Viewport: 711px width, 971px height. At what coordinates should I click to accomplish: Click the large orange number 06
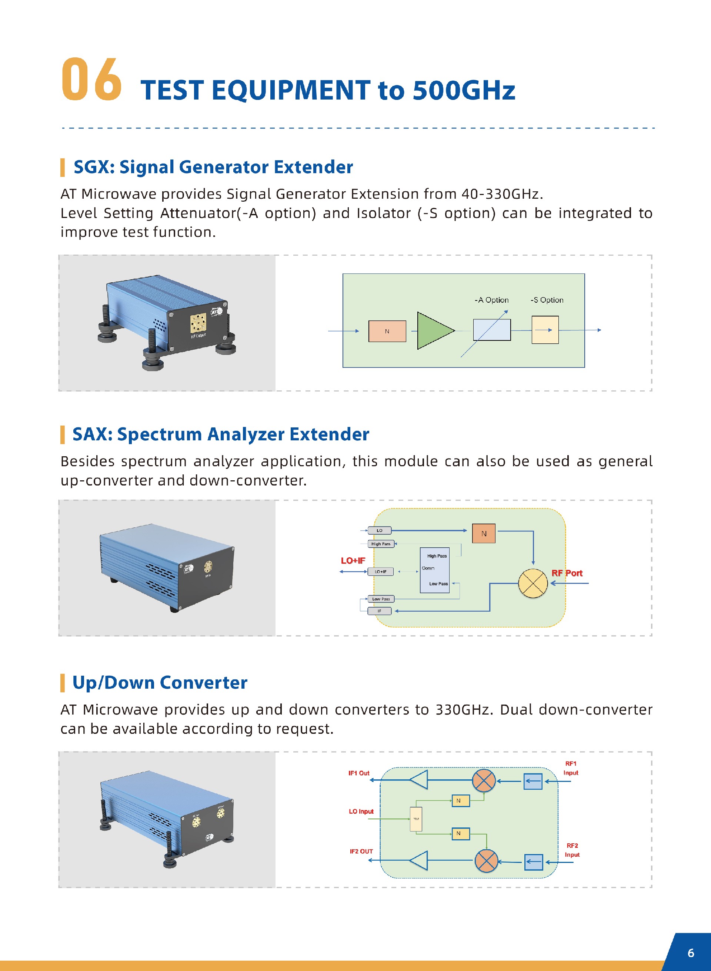coord(91,80)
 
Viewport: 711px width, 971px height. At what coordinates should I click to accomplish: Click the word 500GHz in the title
coord(464,90)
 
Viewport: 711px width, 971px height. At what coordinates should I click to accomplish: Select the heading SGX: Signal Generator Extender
coord(213,167)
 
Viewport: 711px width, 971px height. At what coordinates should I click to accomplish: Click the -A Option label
coord(491,300)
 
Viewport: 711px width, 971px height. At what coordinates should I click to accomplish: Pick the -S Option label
coord(547,300)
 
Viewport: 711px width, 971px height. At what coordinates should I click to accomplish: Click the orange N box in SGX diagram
coord(387,331)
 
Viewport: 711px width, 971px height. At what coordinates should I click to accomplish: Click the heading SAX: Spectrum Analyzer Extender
coord(220,434)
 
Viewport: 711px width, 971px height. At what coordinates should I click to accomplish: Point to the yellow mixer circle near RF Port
coord(533,583)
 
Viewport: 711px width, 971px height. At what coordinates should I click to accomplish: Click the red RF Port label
coord(567,573)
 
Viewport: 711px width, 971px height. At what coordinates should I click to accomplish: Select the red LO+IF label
coord(353,560)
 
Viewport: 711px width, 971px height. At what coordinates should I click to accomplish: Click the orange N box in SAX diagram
coord(483,533)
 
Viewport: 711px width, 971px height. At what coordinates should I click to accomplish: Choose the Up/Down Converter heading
coord(160,682)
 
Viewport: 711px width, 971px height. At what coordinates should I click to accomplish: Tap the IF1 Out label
coord(359,773)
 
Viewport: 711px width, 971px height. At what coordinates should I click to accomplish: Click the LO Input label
coord(361,811)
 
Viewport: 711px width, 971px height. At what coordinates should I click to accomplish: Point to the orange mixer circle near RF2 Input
coord(486,860)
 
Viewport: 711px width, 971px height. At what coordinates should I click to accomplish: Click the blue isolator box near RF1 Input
coord(533,781)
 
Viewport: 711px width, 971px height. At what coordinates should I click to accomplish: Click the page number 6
coord(691,953)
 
